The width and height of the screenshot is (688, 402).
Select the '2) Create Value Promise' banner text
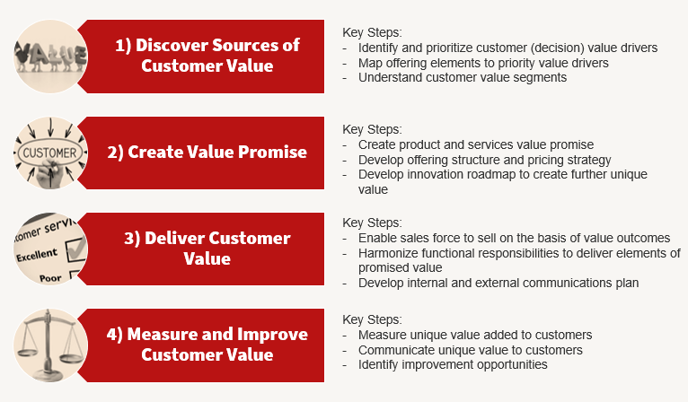click(207, 152)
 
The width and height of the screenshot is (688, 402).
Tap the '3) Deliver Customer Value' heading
click(207, 248)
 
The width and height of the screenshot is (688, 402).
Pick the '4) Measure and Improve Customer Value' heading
click(207, 344)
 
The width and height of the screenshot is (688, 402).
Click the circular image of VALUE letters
click(50, 56)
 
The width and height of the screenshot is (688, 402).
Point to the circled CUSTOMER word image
click(50, 153)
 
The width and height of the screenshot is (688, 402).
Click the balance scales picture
click(50, 345)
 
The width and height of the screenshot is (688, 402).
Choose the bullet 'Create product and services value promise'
click(475, 144)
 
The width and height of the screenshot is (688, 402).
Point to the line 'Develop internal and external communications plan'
click(498, 283)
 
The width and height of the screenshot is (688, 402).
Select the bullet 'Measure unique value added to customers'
click(474, 334)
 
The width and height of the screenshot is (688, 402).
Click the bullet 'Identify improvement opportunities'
click(453, 364)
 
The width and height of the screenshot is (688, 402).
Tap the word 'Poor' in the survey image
click(50, 278)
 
